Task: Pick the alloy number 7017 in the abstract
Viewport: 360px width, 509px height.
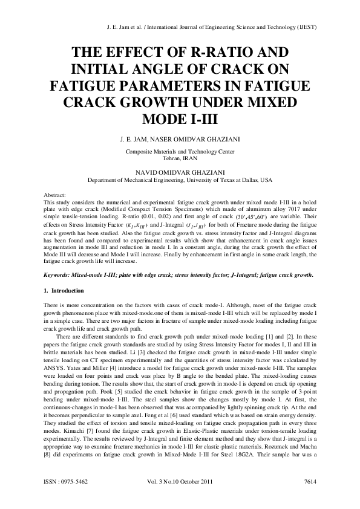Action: [292, 210]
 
